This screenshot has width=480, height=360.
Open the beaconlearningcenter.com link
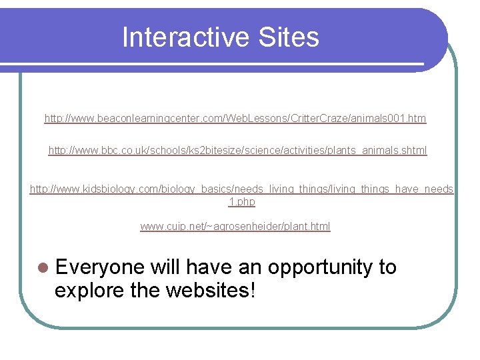[x=235, y=119]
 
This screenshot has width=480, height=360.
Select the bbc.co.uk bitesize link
[x=237, y=151]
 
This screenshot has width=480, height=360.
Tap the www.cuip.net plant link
[x=235, y=227]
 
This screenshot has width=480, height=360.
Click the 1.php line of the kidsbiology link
[x=241, y=201]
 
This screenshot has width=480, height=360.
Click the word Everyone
[x=100, y=267]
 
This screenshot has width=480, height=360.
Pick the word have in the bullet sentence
[x=207, y=267]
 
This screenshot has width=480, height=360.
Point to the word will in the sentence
[x=166, y=267]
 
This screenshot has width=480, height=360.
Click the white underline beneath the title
[x=213, y=65]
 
